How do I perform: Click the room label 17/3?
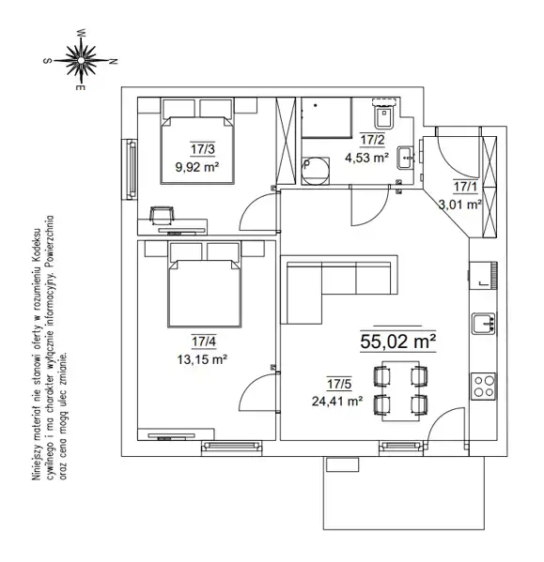click(x=203, y=149)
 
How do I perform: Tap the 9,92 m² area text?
click(x=197, y=167)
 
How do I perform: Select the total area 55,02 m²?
click(x=398, y=342)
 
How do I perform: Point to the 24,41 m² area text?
click(x=336, y=401)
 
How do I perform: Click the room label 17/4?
click(x=204, y=342)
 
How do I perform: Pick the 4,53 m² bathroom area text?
click(x=366, y=158)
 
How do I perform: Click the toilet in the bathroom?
click(x=384, y=114)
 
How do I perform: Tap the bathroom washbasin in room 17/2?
click(x=406, y=158)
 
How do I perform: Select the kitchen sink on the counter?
click(x=483, y=324)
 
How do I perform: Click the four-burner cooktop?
click(x=483, y=387)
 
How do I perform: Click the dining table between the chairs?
click(x=400, y=391)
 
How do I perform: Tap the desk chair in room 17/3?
click(x=162, y=215)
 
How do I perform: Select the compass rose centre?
click(x=82, y=60)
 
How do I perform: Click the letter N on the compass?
click(x=114, y=61)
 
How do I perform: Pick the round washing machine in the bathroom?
click(x=315, y=172)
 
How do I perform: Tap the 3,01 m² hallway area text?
click(x=460, y=205)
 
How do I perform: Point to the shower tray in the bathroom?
click(x=327, y=117)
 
